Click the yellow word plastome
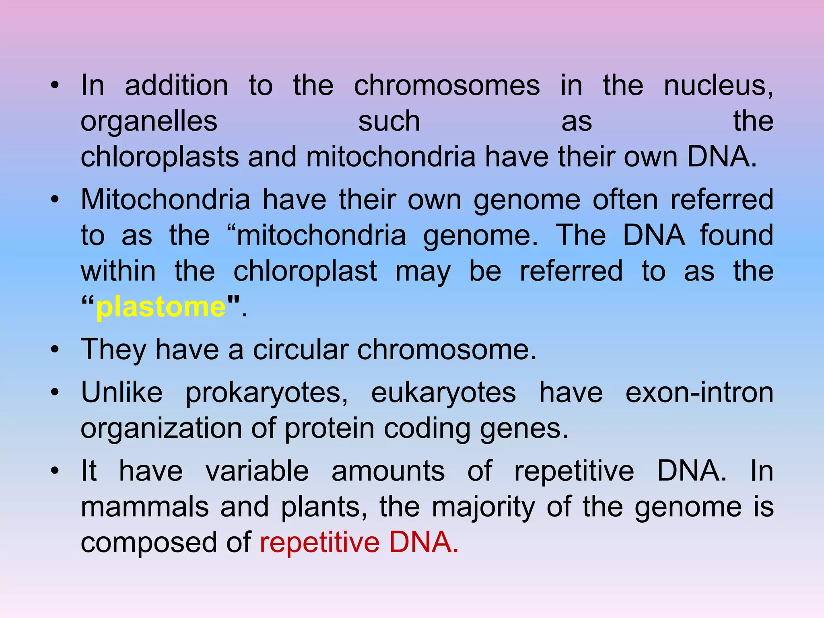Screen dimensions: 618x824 (161, 307)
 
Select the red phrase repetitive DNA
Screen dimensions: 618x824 (359, 542)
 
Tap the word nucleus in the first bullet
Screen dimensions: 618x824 (718, 86)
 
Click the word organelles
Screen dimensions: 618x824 (149, 121)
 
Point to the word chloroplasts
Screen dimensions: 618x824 (160, 157)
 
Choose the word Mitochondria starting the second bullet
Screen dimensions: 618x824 (165, 199)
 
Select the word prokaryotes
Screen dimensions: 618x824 (267, 392)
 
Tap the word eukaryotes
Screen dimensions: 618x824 (443, 392)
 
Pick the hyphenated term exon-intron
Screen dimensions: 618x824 (699, 392)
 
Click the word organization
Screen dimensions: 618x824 (161, 428)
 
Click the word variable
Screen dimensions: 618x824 (257, 471)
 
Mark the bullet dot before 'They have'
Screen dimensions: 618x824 (55, 349)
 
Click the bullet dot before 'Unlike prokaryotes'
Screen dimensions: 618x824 (55, 392)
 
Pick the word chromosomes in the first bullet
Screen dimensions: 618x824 (447, 86)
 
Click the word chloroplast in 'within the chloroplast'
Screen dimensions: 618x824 (305, 271)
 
